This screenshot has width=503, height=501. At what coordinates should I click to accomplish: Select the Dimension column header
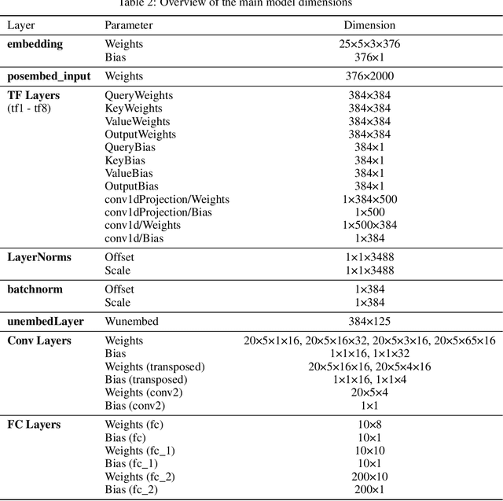369,26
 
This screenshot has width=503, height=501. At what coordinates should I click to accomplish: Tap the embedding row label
35,44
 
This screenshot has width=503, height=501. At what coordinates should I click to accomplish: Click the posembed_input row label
49,76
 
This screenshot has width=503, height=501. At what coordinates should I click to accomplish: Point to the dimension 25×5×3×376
369,44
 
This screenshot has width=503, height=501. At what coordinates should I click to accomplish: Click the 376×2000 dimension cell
369,76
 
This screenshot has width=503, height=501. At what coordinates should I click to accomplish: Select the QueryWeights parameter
138,95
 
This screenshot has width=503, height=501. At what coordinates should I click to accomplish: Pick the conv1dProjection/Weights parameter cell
167,199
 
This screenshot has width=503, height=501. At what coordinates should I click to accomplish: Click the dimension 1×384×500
369,199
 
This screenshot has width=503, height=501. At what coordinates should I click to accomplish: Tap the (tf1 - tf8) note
29,108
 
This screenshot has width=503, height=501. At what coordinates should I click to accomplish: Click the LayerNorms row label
39,257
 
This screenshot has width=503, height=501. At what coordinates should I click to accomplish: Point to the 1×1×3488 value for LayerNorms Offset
369,257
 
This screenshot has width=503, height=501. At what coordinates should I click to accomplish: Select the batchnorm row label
35,289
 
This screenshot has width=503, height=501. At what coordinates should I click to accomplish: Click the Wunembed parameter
131,321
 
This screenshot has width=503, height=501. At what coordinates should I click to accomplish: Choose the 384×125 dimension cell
369,321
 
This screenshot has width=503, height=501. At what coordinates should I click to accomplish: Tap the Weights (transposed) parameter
155,367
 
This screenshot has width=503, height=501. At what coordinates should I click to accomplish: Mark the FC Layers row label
34,425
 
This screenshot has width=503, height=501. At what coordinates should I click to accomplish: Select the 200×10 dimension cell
369,477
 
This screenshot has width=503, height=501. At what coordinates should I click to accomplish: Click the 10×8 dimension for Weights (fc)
369,425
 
